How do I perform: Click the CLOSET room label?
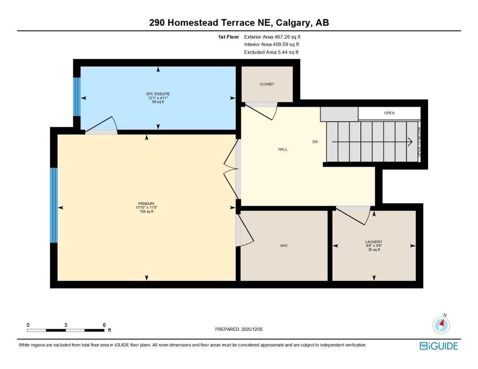[x=267, y=84]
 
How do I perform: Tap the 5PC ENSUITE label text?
[x=158, y=94]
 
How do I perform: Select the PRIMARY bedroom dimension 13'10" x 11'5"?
[x=146, y=208]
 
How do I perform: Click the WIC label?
[x=284, y=246]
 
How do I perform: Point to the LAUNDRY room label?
[x=374, y=242]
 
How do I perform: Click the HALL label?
[x=282, y=149]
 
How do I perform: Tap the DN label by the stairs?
[x=315, y=142]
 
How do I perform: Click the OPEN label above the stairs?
[x=389, y=113]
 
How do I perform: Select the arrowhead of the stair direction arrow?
[x=410, y=142]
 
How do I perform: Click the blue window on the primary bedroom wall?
[x=53, y=205]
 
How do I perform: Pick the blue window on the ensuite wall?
[x=76, y=97]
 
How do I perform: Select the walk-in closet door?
[x=245, y=231]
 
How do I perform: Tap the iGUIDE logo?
[x=439, y=346]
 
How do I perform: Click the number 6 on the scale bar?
[x=104, y=325]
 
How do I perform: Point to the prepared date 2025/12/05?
[x=239, y=329]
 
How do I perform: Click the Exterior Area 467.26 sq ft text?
[x=272, y=37]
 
